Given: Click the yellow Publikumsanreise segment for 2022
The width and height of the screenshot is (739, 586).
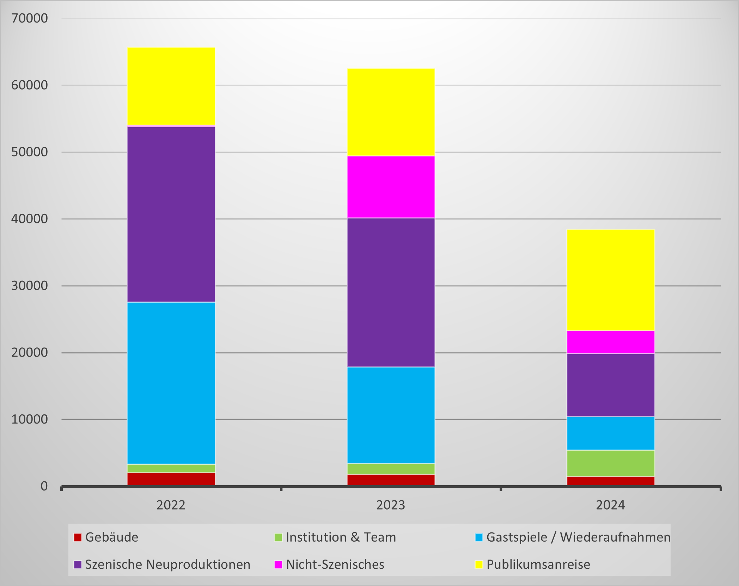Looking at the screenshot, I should tap(171, 86).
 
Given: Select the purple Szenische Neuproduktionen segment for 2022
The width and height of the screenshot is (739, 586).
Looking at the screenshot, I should tap(171, 214).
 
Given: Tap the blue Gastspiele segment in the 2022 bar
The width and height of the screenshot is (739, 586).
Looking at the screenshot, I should tap(171, 383).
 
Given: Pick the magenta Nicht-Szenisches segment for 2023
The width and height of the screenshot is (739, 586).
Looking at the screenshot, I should tap(391, 187).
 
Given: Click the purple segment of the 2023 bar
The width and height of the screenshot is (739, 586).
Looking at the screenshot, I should tap(391, 292).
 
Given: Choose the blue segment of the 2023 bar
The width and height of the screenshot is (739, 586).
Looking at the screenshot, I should tap(391, 415).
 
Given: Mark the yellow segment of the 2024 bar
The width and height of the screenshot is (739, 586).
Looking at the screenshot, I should tap(610, 280).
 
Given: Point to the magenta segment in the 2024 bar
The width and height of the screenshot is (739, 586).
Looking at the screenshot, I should tap(610, 342).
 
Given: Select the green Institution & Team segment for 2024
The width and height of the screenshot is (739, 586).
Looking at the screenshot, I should tap(610, 463).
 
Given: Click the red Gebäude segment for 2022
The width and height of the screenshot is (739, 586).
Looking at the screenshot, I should tap(171, 479).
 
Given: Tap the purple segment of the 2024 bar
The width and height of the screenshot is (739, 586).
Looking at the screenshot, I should tap(610, 385).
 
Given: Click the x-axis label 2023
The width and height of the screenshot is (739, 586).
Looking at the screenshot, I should tap(391, 505).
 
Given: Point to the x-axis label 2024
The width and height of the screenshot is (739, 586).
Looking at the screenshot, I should tap(610, 505).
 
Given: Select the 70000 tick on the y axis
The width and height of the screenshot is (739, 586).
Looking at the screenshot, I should tap(30, 18).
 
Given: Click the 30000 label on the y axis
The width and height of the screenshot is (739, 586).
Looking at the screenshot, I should tap(30, 286).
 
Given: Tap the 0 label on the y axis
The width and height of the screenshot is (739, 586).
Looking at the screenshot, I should tap(44, 486).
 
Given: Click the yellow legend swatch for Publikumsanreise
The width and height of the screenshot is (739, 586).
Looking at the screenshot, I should tap(478, 565).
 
